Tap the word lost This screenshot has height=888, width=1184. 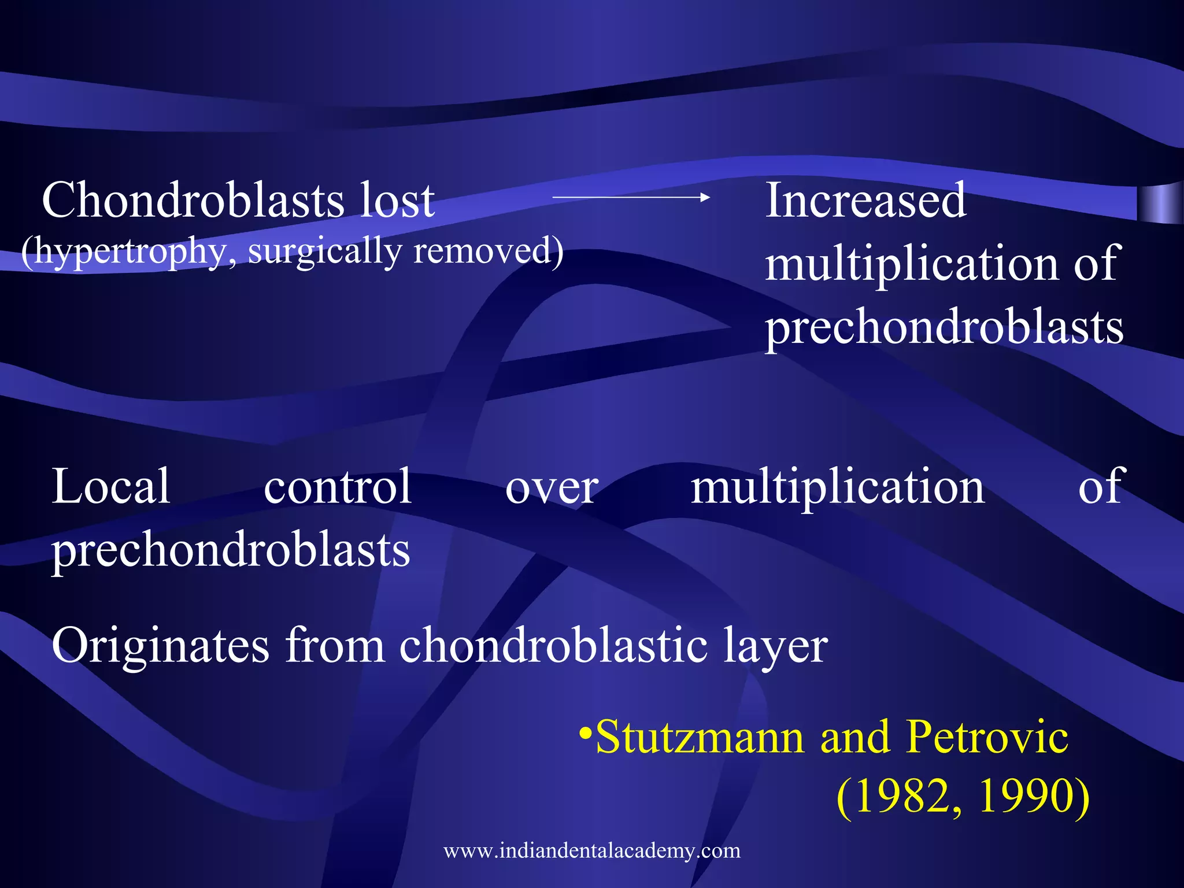397,200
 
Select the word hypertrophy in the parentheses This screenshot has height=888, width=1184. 130,252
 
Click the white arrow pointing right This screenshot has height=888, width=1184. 631,197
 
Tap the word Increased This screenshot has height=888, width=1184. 865,200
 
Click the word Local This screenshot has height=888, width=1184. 110,487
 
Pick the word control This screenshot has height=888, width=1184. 338,487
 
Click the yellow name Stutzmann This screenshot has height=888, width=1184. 700,738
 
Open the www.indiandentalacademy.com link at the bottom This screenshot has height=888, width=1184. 592,850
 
